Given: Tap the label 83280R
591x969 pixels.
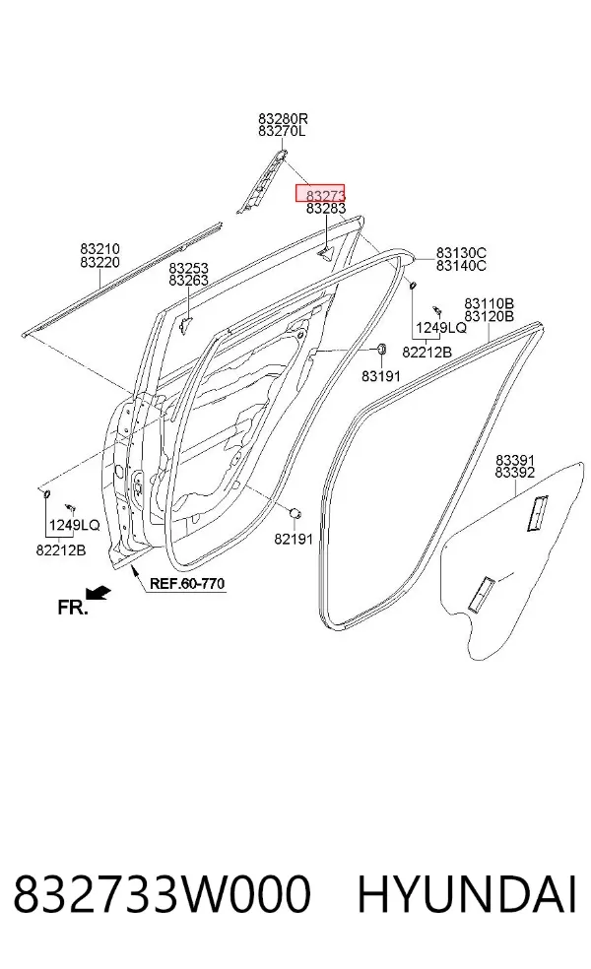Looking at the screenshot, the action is (x=283, y=118).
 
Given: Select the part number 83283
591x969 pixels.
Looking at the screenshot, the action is (x=326, y=209).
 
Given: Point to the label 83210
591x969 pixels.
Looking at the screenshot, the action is (x=99, y=249).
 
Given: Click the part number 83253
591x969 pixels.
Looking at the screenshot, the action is (x=188, y=268).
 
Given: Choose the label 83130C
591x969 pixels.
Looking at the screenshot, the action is (x=461, y=253).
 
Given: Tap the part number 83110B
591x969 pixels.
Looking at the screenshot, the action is (x=489, y=303).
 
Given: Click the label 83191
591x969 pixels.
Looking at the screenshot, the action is (x=381, y=376).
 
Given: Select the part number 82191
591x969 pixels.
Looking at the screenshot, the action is (x=294, y=539).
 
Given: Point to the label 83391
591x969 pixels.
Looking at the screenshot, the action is (x=515, y=461).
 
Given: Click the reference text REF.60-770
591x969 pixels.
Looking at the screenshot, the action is (x=187, y=583).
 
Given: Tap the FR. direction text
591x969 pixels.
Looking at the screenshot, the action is (x=73, y=608).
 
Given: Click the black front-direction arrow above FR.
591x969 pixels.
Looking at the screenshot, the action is (x=98, y=593).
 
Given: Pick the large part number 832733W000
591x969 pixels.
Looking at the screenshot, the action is (x=162, y=894).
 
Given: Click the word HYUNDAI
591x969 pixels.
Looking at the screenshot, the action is (x=467, y=894).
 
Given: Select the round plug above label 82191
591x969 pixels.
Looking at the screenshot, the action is (x=296, y=513).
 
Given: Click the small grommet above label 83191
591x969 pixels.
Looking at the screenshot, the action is (x=381, y=350).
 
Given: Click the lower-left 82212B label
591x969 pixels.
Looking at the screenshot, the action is (x=61, y=550).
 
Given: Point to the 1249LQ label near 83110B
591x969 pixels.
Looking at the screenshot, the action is (x=441, y=328).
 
